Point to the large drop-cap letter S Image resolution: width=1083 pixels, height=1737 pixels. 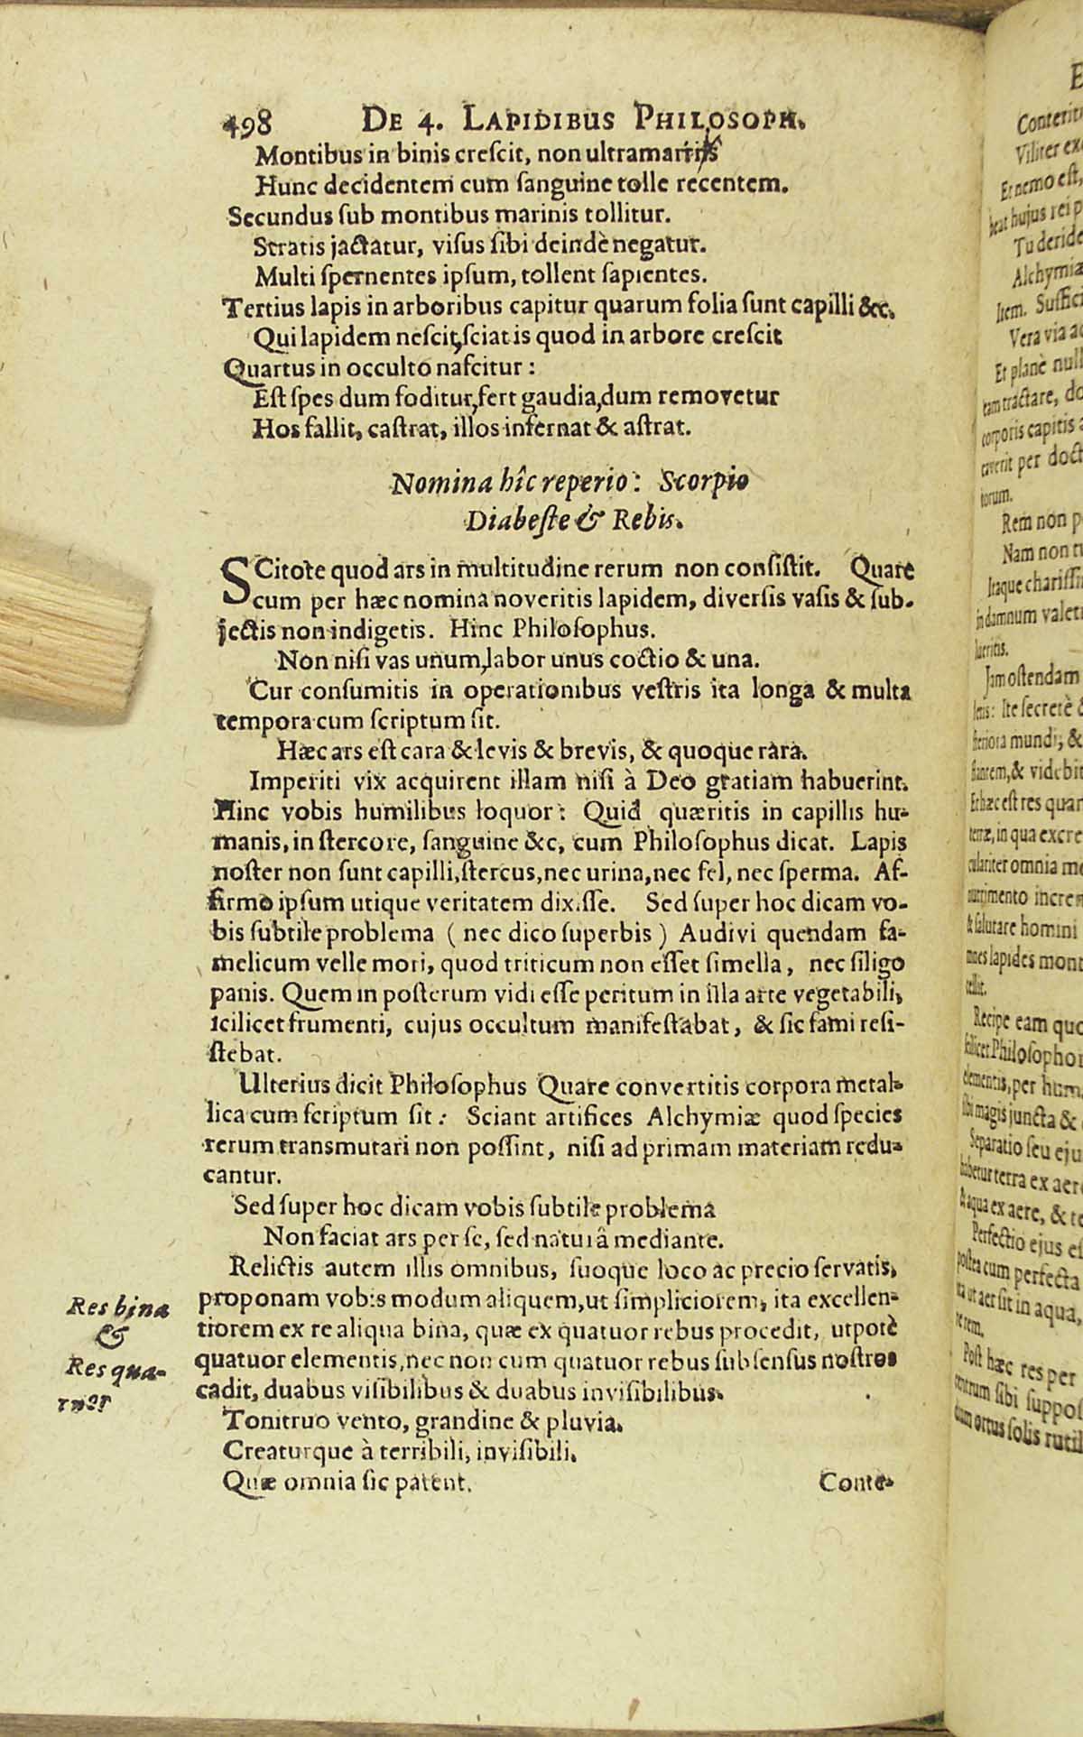[x=234, y=582]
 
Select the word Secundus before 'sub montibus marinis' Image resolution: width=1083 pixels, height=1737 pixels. [x=270, y=217]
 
